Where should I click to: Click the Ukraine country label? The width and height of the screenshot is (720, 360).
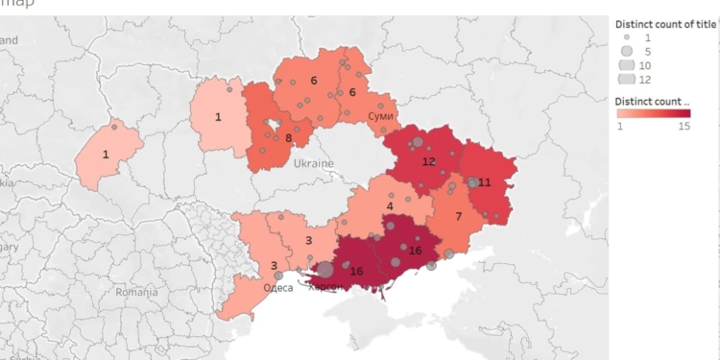pyautogui.click(x=314, y=163)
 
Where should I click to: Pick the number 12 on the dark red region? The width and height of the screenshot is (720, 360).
pyautogui.click(x=428, y=160)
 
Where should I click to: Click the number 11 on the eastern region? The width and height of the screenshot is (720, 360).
pyautogui.click(x=485, y=181)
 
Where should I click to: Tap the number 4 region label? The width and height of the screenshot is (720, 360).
pyautogui.click(x=390, y=205)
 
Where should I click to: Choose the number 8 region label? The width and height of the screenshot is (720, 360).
pyautogui.click(x=288, y=138)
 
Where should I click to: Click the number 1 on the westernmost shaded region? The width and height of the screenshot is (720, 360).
pyautogui.click(x=106, y=154)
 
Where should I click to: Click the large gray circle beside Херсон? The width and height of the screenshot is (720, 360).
pyautogui.click(x=325, y=271)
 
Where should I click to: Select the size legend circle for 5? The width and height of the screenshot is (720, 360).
pyautogui.click(x=626, y=50)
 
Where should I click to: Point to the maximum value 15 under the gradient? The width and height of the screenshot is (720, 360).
pyautogui.click(x=684, y=126)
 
